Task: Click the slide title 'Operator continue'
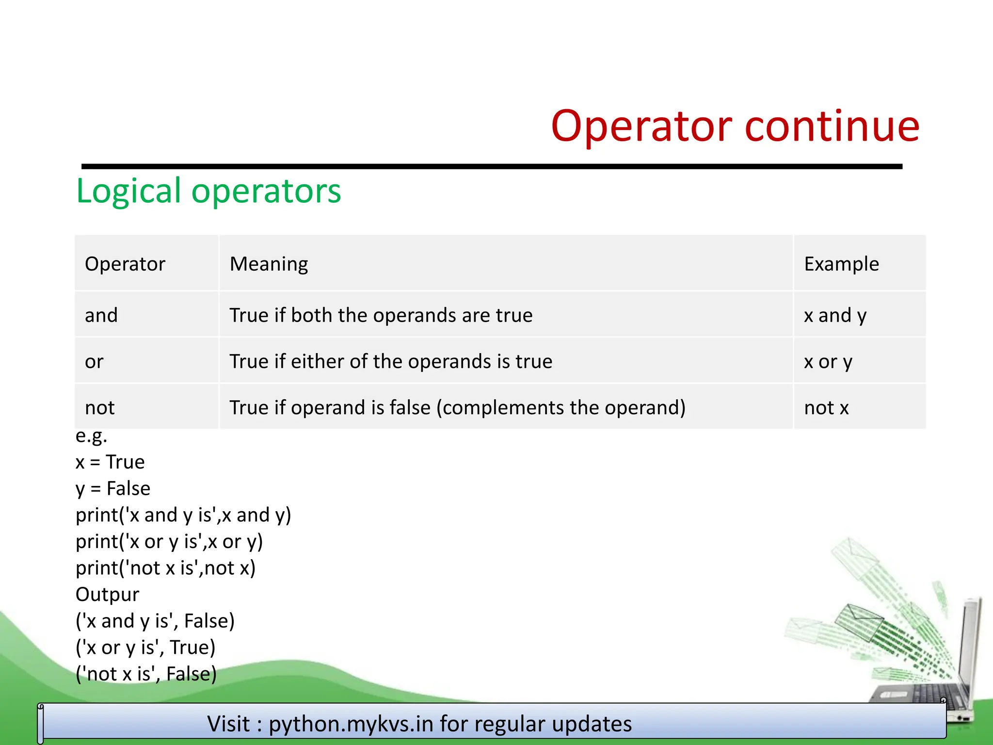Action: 735,126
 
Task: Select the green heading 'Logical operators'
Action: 208,191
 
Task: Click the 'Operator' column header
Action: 125,264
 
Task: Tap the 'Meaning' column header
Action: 269,264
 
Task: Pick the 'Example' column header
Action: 841,264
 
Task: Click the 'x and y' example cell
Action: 835,315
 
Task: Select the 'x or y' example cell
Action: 828,361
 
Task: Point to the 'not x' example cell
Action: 826,407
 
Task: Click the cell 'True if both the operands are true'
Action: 381,315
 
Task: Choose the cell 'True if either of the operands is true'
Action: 391,361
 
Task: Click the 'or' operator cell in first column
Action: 94,361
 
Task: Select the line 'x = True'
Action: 110,462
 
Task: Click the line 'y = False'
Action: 113,488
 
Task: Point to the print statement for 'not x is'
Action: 165,568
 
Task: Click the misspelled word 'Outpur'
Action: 107,594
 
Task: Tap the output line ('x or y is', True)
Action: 145,648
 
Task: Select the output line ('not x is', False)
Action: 146,674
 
